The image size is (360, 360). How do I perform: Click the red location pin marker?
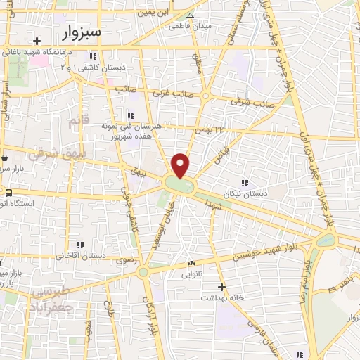181,165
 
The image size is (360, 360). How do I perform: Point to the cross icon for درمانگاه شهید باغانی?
37,39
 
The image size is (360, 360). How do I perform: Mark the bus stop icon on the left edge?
8,193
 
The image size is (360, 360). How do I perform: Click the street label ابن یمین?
157,12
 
